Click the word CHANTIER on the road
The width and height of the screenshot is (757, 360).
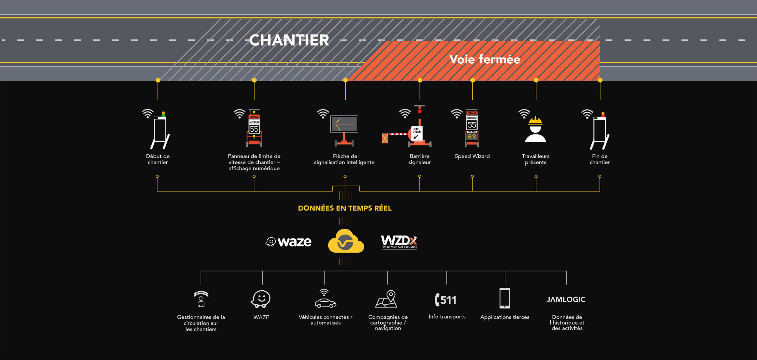289,40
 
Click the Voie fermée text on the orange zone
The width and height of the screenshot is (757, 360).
485,59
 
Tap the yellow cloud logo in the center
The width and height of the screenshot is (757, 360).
346,241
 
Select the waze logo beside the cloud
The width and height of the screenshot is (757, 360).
289,242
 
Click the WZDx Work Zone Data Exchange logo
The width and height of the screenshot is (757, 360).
399,242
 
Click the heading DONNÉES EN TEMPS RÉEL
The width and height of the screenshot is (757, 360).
345,208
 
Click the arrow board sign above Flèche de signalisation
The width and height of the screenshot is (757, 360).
344,124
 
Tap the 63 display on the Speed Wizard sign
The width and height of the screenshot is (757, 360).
472,137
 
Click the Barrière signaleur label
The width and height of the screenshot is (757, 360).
419,159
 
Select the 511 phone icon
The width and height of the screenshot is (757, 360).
446,300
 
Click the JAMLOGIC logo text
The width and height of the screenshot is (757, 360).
566,300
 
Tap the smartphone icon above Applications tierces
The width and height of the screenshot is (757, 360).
505,298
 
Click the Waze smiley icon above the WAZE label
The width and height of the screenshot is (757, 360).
261,299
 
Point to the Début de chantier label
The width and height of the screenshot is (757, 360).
158,159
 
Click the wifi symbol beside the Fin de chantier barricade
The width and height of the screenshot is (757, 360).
587,114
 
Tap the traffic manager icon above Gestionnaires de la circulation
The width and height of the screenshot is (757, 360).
201,299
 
